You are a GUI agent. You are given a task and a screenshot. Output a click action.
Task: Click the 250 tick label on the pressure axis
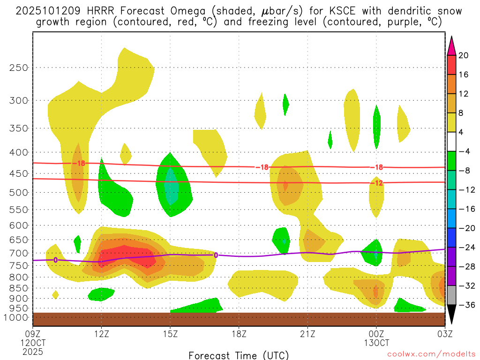point(19,67)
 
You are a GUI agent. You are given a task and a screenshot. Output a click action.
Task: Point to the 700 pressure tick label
point(19,253)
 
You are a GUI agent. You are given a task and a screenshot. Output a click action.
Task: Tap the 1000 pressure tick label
point(17,317)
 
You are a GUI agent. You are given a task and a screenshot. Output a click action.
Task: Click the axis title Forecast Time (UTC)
point(239,355)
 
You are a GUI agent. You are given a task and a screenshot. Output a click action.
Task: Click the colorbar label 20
point(464,55)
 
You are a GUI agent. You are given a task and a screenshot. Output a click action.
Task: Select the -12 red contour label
point(377,183)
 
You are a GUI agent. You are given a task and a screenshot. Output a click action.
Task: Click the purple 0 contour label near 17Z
point(216,255)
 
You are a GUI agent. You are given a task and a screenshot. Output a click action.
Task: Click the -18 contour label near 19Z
point(262,167)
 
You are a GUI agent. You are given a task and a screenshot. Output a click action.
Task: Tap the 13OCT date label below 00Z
point(376,343)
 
